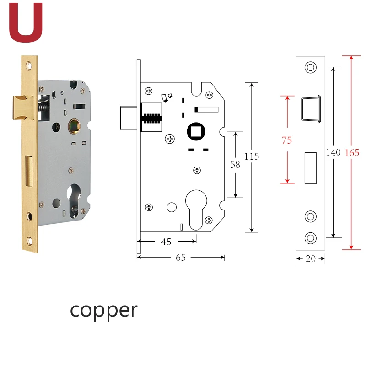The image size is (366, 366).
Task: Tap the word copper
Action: point(104,311)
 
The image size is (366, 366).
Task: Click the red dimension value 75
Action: point(287,140)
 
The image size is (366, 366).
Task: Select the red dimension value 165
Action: point(352,153)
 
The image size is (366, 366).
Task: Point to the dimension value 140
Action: point(334,152)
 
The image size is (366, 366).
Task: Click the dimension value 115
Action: point(252,156)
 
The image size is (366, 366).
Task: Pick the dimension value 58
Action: point(235,165)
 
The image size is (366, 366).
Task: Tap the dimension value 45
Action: point(166,242)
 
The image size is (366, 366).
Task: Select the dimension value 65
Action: point(181,258)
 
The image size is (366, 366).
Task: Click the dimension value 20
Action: point(311,258)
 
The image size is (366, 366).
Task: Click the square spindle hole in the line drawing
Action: point(196,131)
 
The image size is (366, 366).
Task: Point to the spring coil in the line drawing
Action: point(152,118)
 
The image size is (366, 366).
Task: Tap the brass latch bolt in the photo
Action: point(24,108)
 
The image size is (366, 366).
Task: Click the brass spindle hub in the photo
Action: point(74,126)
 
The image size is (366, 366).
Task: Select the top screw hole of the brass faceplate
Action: point(29,65)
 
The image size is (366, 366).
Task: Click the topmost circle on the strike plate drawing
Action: point(311,67)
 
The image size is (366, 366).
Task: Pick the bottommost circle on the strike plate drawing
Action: point(311,238)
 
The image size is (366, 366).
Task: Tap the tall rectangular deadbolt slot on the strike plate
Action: point(311,168)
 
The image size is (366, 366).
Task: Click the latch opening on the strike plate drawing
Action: point(311,109)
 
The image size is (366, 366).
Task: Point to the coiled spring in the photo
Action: point(43,107)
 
